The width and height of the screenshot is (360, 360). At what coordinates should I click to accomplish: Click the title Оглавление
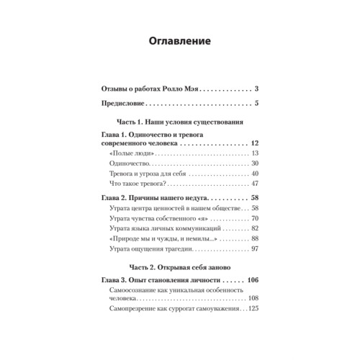[179, 41]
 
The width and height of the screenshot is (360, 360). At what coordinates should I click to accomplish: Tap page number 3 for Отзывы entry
[256, 89]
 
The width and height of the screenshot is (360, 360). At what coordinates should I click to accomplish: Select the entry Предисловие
[130, 106]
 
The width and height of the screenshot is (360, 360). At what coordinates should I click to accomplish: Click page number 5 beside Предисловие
[256, 106]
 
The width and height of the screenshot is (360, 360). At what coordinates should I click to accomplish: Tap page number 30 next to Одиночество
[254, 166]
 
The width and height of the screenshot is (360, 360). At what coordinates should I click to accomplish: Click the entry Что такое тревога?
[141, 186]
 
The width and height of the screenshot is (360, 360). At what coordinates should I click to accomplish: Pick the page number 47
[254, 186]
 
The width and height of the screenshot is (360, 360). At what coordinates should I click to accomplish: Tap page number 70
[254, 217]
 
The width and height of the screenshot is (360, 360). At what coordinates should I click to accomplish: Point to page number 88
[254, 238]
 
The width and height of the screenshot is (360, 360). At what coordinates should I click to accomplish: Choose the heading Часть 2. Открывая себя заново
[179, 266]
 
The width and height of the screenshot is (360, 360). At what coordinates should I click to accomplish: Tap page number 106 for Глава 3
[252, 279]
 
